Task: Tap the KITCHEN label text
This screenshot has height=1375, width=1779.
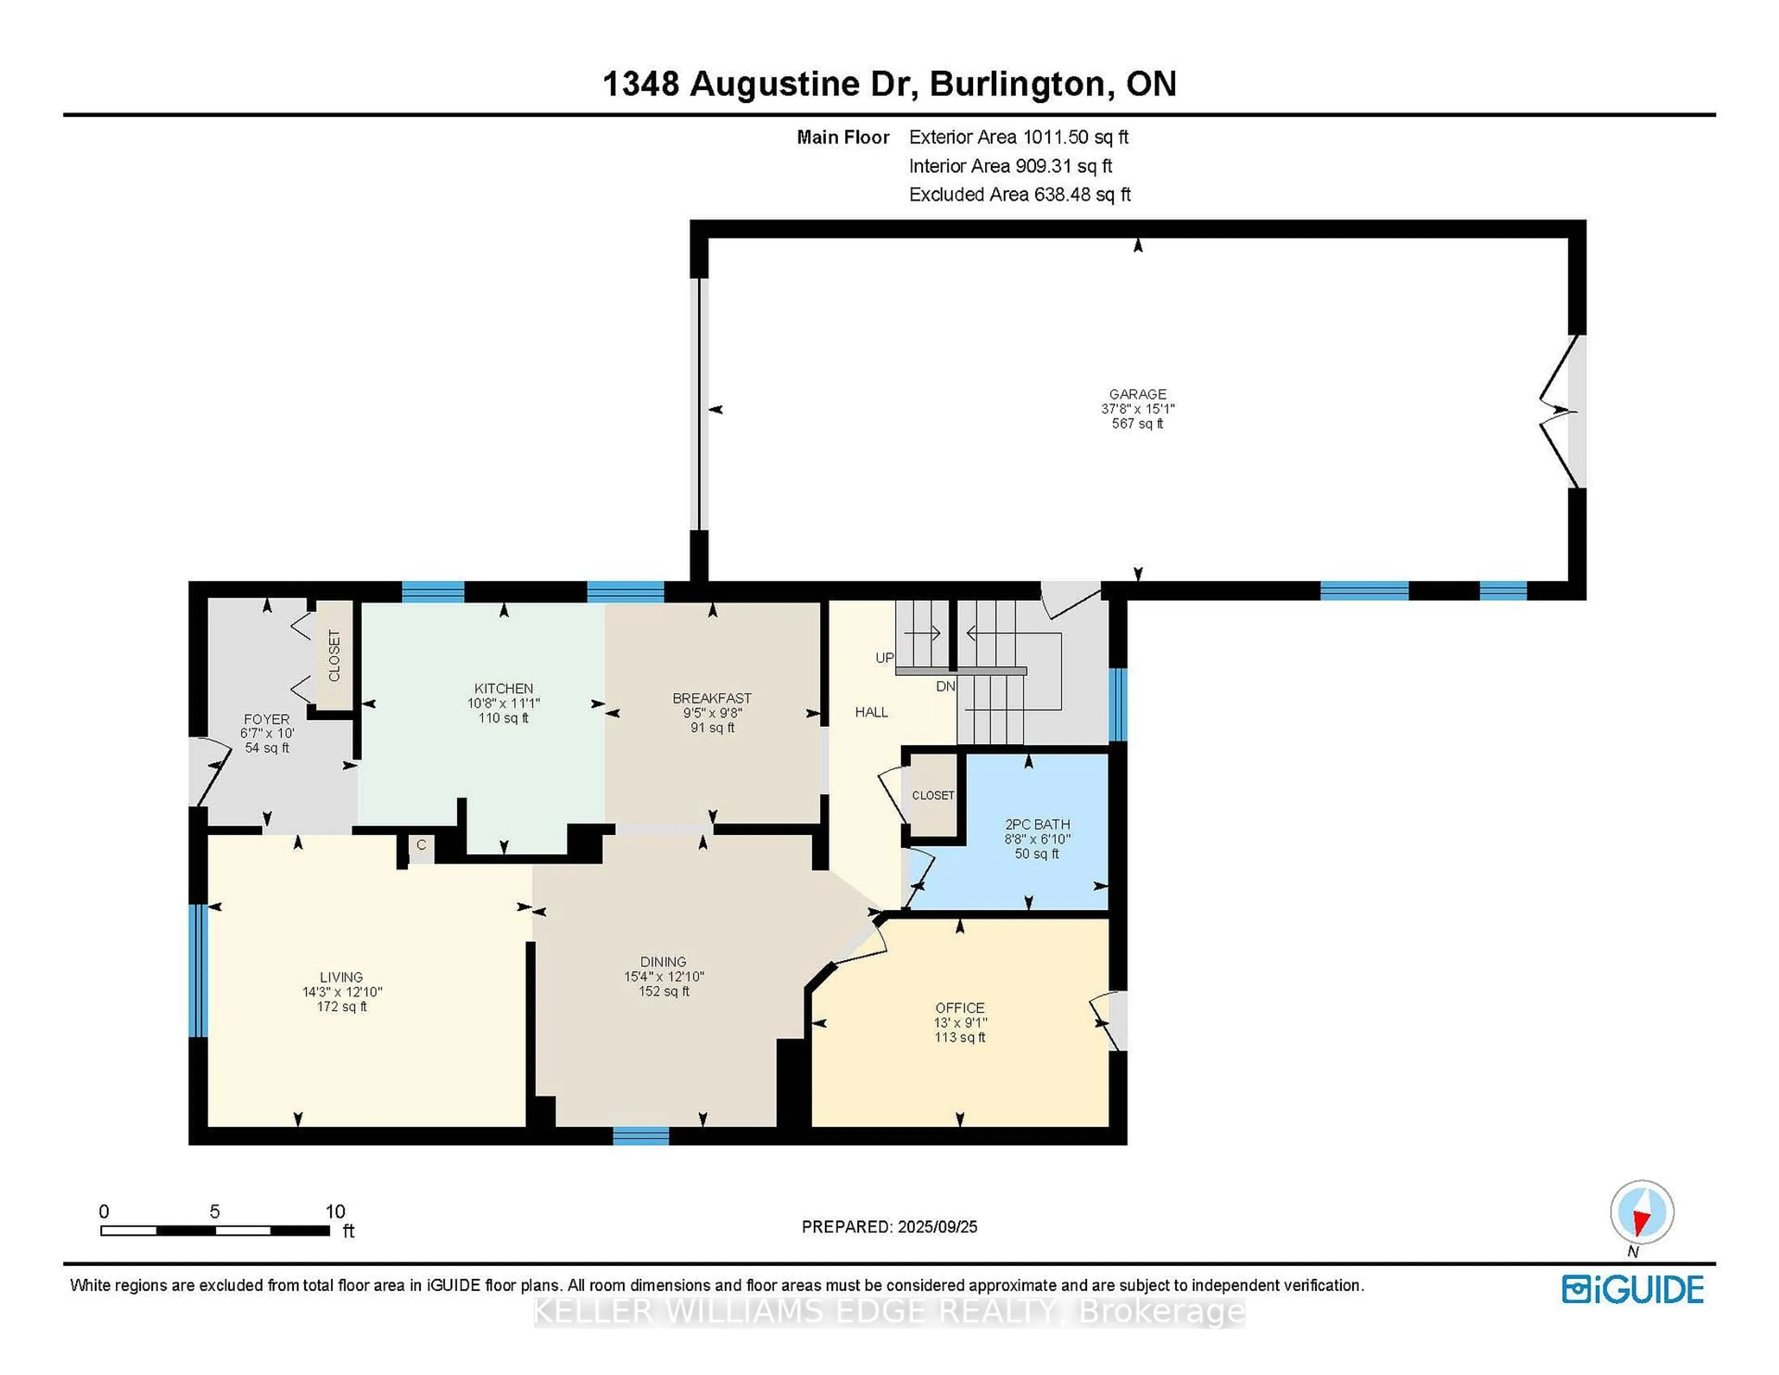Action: (504, 688)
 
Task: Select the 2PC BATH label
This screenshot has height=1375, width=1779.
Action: (1037, 824)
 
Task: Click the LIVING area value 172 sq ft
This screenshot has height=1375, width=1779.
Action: (341, 1007)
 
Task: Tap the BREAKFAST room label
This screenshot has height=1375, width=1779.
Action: (712, 698)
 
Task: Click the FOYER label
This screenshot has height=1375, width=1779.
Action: (266, 719)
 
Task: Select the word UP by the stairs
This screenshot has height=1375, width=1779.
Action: (884, 657)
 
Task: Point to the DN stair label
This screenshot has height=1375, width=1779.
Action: (945, 687)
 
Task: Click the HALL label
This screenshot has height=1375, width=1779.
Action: (871, 712)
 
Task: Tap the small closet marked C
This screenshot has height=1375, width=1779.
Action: (421, 845)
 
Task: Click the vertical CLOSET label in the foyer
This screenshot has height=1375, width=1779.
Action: (334, 656)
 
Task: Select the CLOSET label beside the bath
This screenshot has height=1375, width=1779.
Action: (933, 795)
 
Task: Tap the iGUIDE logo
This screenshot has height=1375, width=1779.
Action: (1633, 1289)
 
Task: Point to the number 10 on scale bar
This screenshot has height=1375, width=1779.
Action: (335, 1211)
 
